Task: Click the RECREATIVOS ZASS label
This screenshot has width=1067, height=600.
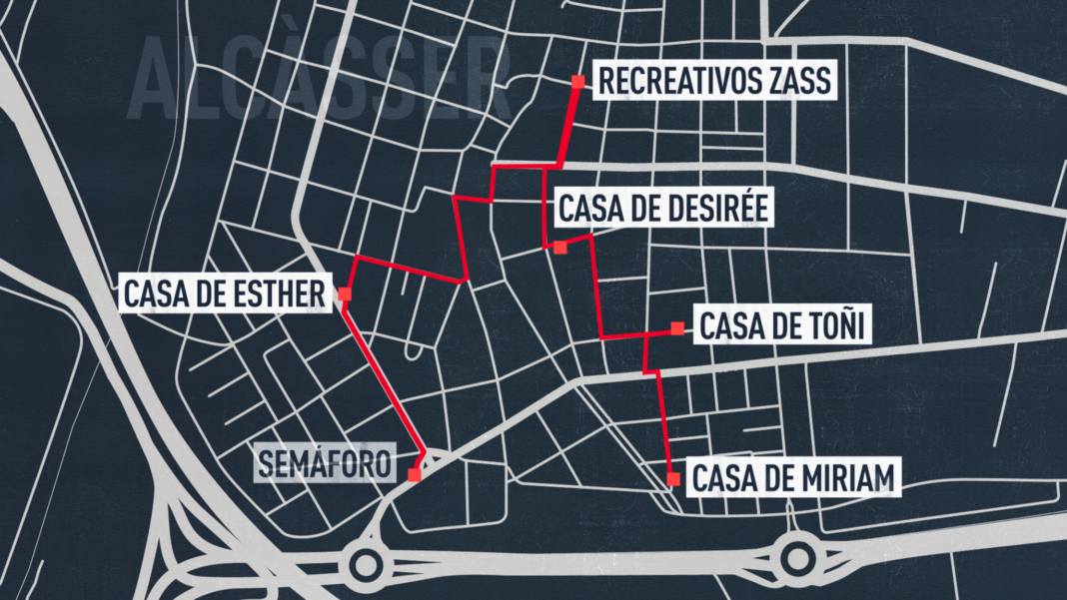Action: point(712,81)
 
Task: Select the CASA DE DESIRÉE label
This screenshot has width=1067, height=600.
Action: point(662,210)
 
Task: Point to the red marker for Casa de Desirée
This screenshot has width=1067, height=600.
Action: point(560,247)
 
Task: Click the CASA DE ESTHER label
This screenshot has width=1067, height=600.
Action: point(224,295)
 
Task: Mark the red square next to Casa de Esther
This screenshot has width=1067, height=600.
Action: point(345,295)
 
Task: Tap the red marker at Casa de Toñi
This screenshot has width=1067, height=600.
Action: point(677,327)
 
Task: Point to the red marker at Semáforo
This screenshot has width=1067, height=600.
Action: point(414,476)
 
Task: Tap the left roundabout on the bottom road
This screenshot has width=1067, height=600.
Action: point(364,566)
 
